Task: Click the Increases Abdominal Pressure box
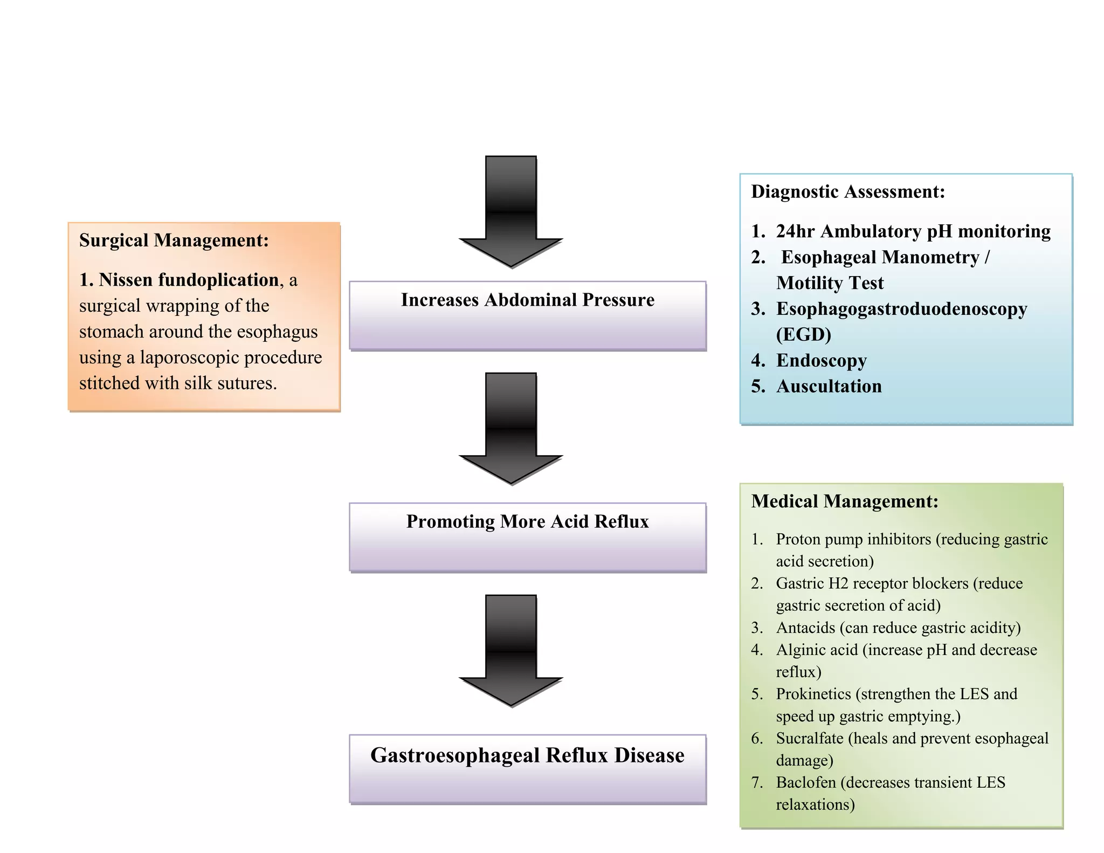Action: tap(527, 315)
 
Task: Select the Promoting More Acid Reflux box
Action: tap(527, 537)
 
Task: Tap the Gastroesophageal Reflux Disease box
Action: tap(527, 768)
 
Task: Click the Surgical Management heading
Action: tap(174, 240)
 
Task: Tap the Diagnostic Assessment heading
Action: tap(847, 192)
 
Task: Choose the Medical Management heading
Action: tap(844, 501)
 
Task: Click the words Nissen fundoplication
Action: tap(189, 280)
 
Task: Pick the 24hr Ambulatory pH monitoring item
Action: tap(913, 231)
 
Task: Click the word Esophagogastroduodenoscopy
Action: tap(901, 309)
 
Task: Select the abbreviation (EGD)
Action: tap(803, 335)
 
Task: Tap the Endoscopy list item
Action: tap(821, 360)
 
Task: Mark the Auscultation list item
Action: tap(829, 386)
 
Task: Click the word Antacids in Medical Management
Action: tap(805, 628)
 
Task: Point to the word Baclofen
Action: tap(805, 782)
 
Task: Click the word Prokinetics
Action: tap(813, 694)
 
